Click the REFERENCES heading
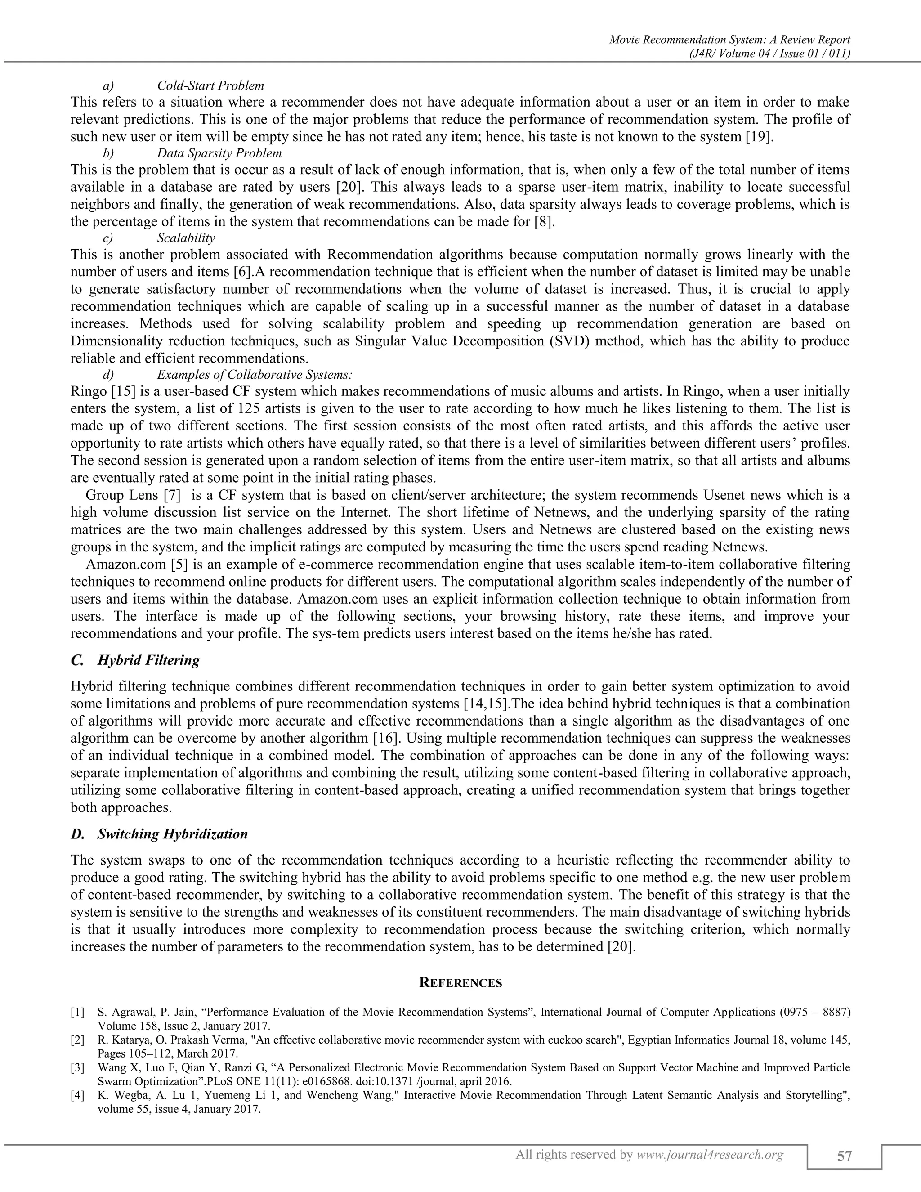point(460,983)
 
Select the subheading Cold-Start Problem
point(210,85)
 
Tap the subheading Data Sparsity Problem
point(219,153)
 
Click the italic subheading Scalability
point(186,238)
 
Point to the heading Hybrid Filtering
point(148,660)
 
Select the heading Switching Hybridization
point(172,834)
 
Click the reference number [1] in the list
point(77,1013)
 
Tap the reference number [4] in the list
point(77,1095)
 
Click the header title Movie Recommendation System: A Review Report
point(729,40)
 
